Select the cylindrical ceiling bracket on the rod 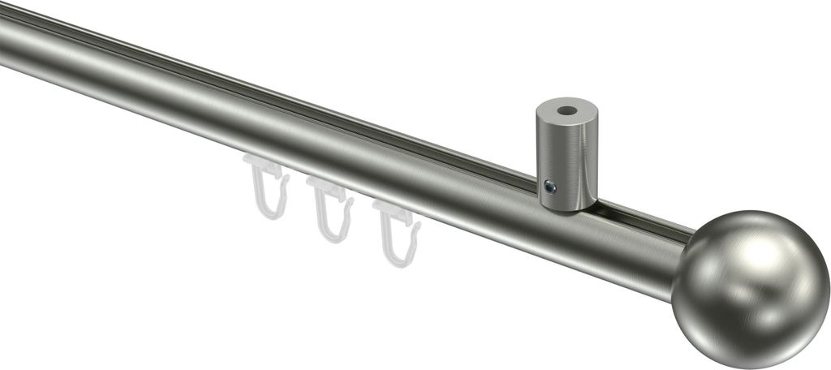(566, 154)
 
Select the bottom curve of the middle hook (334, 236)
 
